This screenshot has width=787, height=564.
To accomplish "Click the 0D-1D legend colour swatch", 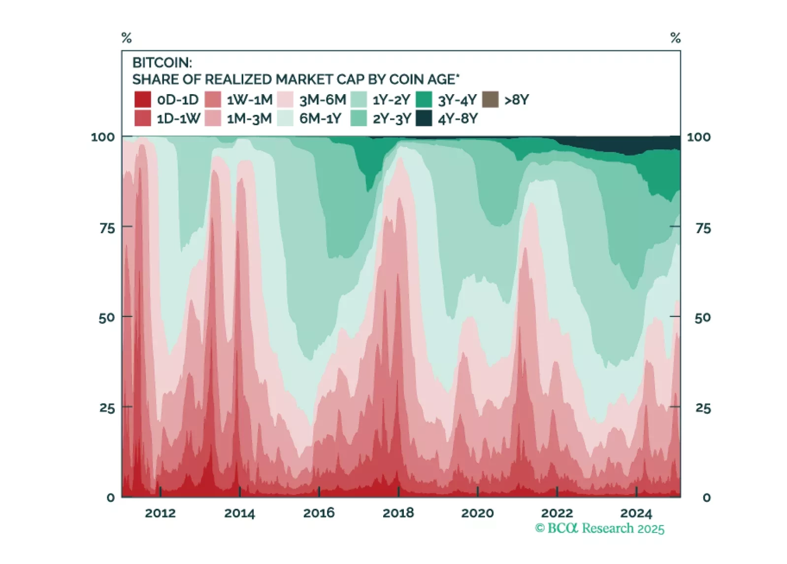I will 142,100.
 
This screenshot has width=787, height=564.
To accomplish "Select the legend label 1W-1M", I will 249,100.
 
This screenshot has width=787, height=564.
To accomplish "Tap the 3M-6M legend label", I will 323,100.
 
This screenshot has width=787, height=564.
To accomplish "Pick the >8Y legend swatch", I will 490,100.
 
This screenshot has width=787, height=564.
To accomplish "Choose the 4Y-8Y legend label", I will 458,119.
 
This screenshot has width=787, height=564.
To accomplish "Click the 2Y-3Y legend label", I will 392,119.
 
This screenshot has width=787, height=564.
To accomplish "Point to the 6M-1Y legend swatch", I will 286,118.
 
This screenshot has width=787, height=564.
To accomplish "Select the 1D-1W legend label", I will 178,119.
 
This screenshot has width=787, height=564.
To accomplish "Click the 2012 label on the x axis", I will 160,513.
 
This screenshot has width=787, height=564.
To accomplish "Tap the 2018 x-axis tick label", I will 398,513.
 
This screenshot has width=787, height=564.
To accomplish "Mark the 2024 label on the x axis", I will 636,513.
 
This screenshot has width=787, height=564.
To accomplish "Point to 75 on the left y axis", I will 107,228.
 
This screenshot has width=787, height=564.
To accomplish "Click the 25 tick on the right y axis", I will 703,408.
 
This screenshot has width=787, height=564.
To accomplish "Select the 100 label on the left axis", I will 102,137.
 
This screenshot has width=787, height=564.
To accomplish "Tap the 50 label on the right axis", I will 703,318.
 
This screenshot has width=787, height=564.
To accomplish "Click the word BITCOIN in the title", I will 162,63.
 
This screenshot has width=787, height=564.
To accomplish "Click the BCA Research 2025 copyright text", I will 599,529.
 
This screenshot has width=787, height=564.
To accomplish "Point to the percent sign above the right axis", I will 675,38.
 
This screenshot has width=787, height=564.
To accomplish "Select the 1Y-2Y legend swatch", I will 359,100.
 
